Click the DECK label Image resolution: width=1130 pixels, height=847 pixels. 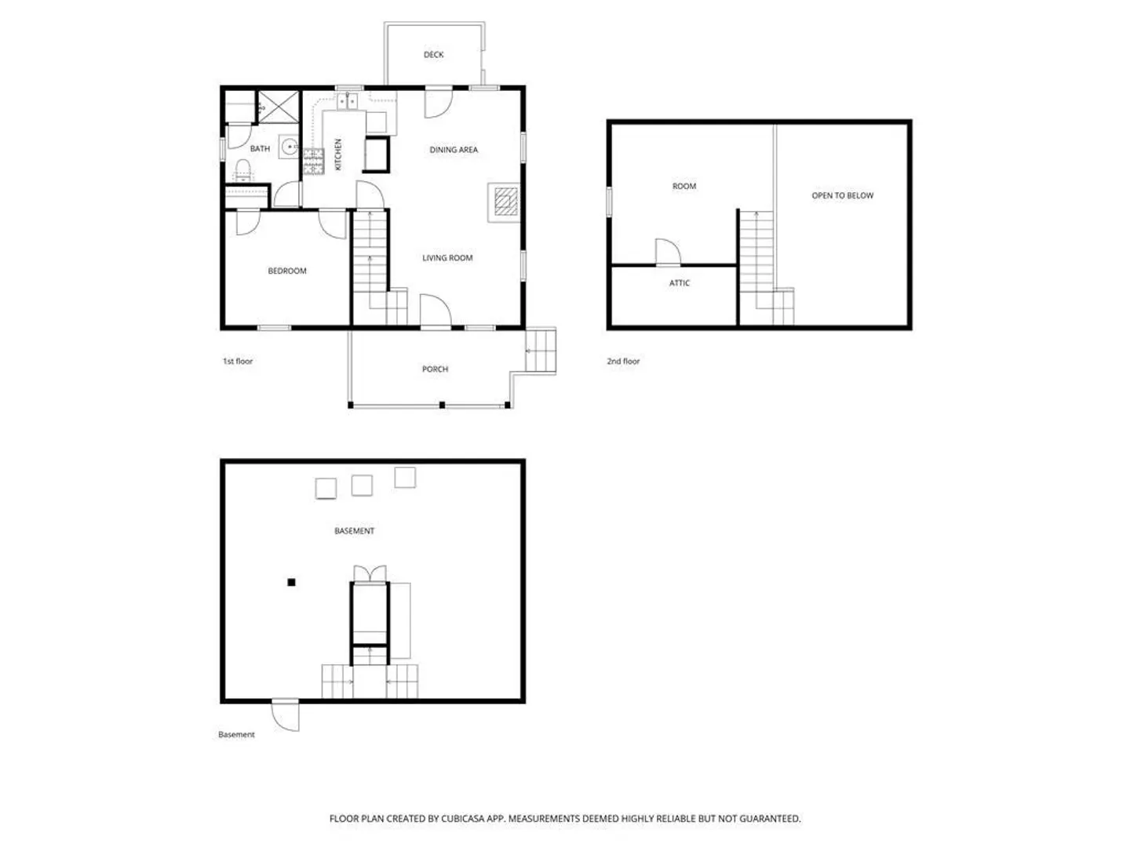pos(433,55)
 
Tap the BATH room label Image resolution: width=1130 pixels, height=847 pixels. pos(260,149)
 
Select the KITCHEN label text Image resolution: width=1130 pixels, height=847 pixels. pos(338,154)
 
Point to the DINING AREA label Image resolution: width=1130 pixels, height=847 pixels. pos(453,150)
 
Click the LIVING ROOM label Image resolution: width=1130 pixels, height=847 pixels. pos(447,258)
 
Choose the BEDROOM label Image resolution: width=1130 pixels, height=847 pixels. pos(286,271)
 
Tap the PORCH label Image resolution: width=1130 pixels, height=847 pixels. pos(435,369)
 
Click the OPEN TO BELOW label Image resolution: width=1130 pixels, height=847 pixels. pos(842,195)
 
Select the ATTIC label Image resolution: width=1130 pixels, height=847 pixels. pos(679,283)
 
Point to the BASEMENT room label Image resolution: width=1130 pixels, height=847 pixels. pos(354,531)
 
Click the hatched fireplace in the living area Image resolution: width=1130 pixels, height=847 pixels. pos(505,201)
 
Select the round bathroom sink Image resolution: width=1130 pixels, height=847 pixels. pos(289,147)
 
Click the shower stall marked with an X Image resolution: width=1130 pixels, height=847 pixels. pos(278,107)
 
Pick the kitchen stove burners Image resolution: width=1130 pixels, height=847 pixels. pos(313,161)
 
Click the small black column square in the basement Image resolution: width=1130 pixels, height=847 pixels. pos(291,582)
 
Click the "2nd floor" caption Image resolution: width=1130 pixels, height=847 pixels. pos(622,361)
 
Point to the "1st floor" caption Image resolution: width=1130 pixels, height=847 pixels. pos(237,361)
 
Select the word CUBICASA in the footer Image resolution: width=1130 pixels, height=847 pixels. pos(462,818)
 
